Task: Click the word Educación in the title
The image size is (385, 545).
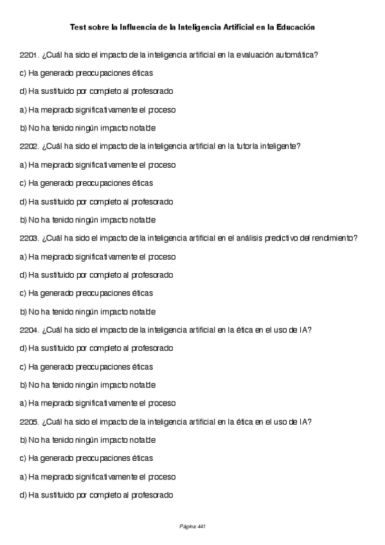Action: tap(296, 28)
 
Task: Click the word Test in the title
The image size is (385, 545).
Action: tap(77, 28)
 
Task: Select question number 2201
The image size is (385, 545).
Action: tap(30, 55)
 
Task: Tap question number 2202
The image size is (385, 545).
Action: tap(30, 147)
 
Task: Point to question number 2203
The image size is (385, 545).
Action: tap(30, 238)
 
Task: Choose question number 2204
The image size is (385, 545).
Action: tap(30, 330)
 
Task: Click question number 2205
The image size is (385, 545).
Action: tap(30, 422)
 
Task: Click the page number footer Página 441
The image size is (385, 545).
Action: tap(192, 526)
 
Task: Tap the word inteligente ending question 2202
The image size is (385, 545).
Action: tap(280, 147)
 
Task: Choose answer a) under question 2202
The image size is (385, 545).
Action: tap(97, 165)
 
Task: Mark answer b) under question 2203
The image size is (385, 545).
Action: tap(87, 312)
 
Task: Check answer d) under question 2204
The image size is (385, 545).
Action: tap(96, 348)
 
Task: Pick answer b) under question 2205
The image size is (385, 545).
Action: tap(87, 441)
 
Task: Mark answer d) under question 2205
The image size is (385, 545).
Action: tap(96, 496)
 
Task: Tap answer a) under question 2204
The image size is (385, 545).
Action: tap(97, 404)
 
